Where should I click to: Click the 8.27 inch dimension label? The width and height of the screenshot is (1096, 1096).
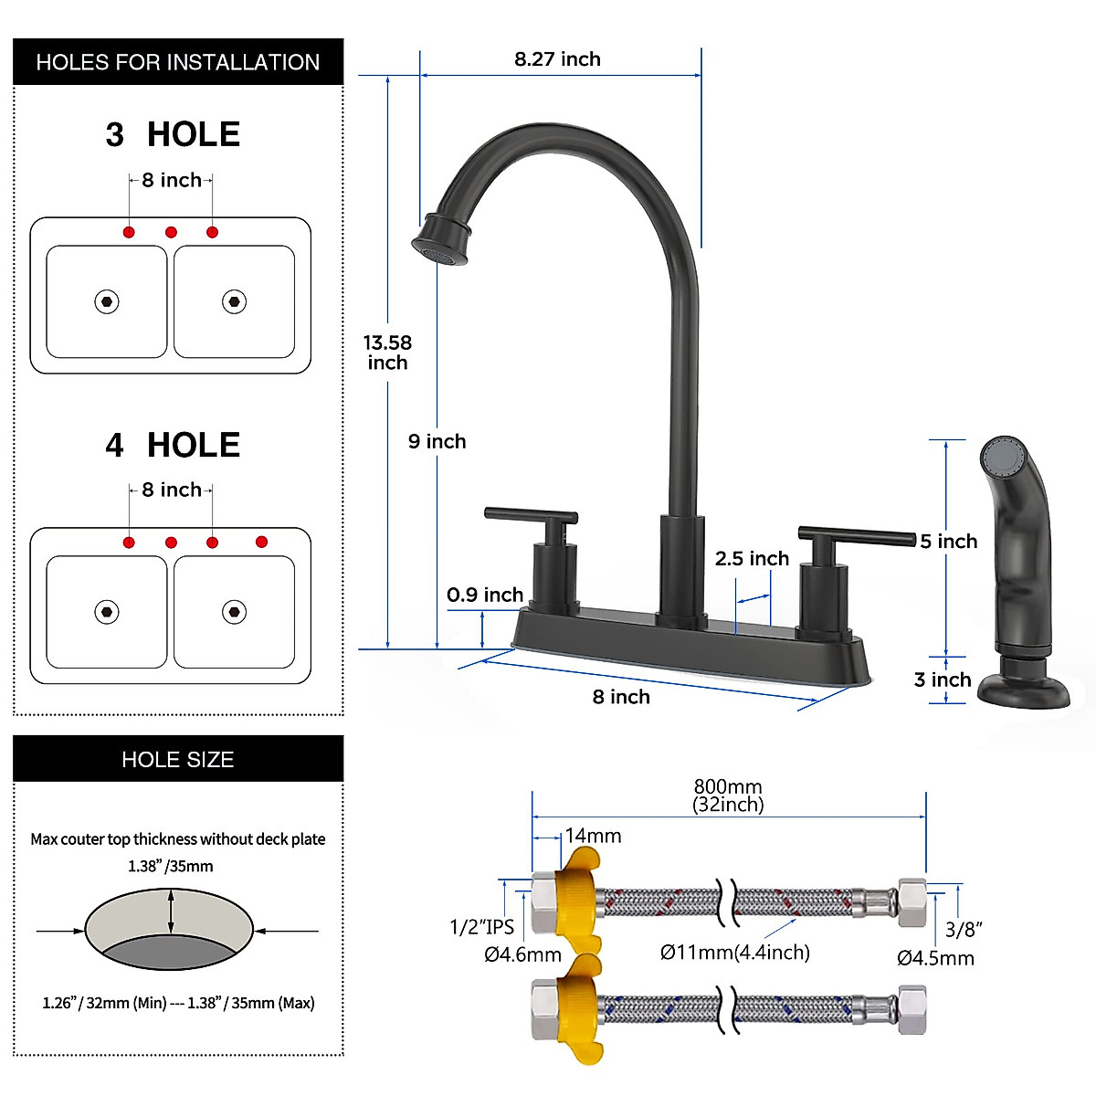(557, 59)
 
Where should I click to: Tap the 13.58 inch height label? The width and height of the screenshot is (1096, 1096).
(387, 353)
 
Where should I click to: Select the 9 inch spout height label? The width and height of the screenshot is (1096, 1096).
(437, 442)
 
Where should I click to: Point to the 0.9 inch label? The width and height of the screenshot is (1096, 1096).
(485, 595)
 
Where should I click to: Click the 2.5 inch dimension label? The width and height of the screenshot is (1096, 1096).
(752, 559)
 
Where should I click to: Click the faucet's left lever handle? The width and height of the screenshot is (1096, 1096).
(531, 516)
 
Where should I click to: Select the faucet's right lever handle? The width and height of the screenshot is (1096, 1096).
(856, 535)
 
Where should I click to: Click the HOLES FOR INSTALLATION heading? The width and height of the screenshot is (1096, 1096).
(178, 62)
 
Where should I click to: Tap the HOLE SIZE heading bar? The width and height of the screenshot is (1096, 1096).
(178, 759)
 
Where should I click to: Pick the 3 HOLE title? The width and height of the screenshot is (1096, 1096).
(173, 134)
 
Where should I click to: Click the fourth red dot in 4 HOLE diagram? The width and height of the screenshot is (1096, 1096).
(261, 542)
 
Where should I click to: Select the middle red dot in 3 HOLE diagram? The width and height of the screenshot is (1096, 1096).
(171, 232)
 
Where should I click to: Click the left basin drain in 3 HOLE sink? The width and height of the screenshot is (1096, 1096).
(107, 301)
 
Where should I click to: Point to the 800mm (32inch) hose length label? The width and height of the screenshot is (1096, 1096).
(728, 795)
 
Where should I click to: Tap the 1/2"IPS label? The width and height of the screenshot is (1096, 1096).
(481, 927)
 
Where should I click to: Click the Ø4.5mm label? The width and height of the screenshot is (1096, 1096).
(935, 958)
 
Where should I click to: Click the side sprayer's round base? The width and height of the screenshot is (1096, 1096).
(1023, 690)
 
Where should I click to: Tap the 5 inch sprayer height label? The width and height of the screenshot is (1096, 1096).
(949, 542)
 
